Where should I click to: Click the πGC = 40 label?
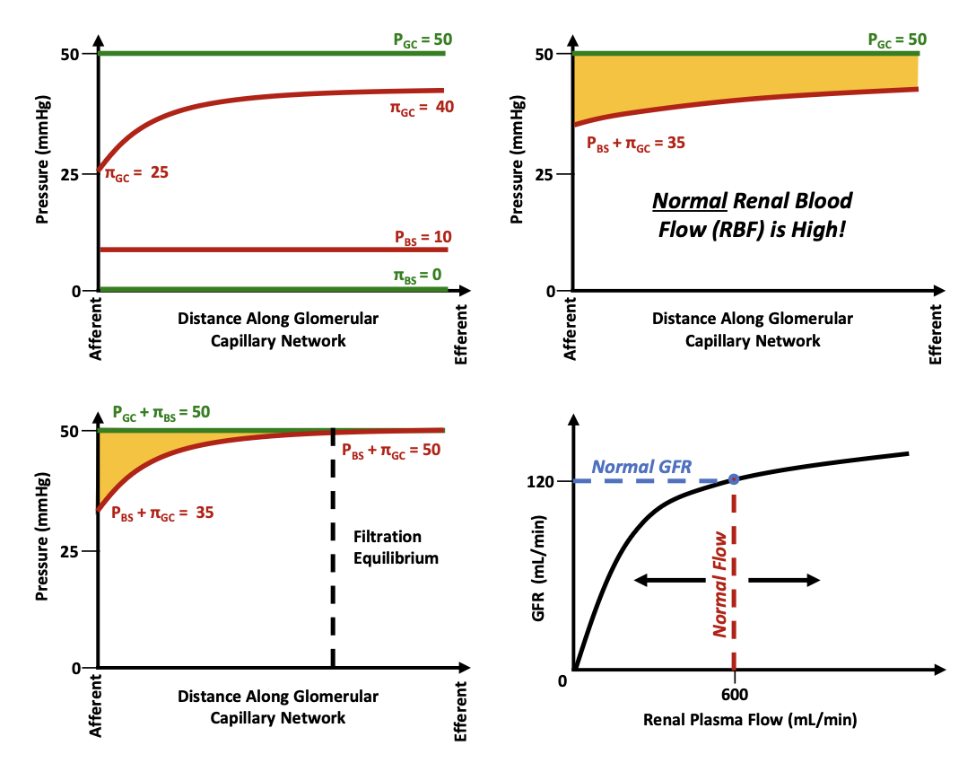click(x=420, y=108)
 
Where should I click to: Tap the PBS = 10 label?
click(x=423, y=238)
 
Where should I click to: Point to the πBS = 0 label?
click(x=417, y=275)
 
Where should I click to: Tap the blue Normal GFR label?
click(x=637, y=468)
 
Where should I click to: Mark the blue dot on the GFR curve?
click(x=734, y=479)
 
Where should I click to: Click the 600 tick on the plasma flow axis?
click(x=734, y=693)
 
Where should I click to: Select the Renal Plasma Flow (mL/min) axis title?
click(x=750, y=719)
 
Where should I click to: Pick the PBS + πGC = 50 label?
click(x=391, y=450)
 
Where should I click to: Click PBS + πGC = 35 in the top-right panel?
click(x=635, y=142)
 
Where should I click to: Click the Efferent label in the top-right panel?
click(x=936, y=333)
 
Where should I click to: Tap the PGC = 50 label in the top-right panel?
click(x=897, y=39)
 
